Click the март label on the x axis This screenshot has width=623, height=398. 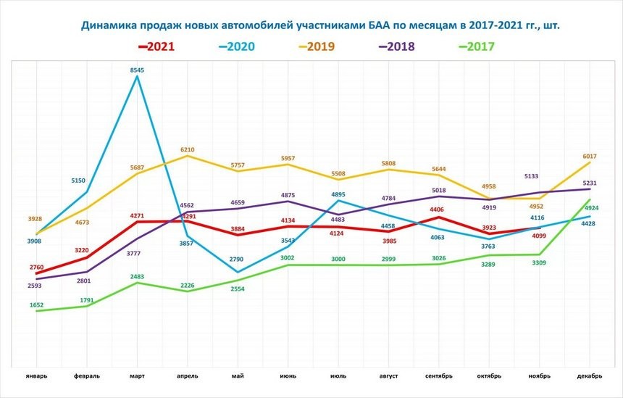click(x=138, y=376)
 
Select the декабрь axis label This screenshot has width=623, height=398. click(x=588, y=376)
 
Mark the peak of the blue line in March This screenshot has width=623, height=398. click(x=138, y=77)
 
